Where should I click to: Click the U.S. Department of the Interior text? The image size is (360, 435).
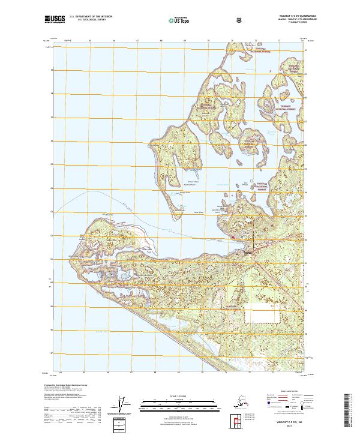(x=91, y=17)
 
